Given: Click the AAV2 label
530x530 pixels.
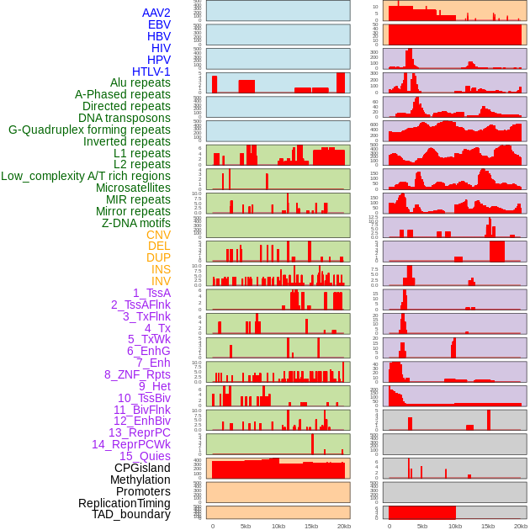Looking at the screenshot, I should click(x=156, y=13).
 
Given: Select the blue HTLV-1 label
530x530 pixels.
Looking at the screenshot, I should click(x=151, y=72).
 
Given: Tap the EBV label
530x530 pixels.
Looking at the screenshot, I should click(x=159, y=24).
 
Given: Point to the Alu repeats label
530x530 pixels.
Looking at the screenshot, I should click(x=140, y=82).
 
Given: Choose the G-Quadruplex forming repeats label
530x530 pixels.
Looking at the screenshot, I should click(x=89, y=130).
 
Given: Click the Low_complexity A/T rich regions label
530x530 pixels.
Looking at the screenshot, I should click(x=86, y=176).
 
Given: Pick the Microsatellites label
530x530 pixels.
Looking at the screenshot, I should click(x=133, y=188).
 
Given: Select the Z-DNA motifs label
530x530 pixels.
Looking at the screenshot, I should click(x=136, y=223).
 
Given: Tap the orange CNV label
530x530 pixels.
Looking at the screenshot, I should click(x=158, y=235).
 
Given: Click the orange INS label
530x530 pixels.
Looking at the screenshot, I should click(x=161, y=269).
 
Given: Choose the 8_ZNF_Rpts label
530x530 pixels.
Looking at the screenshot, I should click(x=137, y=374).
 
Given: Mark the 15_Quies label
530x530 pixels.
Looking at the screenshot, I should click(x=145, y=456).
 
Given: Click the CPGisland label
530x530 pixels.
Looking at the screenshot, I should click(x=142, y=468).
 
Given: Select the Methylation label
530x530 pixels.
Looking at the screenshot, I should click(x=140, y=480).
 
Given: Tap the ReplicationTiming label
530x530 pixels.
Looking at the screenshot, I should click(x=124, y=503).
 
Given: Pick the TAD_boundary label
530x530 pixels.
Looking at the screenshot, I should click(x=131, y=514).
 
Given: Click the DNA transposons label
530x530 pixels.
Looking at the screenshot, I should click(x=125, y=118).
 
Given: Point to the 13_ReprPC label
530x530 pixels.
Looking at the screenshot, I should click(x=140, y=432).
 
